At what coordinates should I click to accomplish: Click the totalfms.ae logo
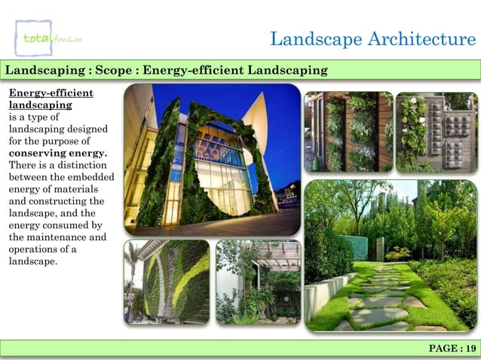point(50,37)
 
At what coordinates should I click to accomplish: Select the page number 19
point(471,348)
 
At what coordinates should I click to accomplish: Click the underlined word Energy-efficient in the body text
point(51,93)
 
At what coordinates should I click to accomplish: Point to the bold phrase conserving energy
point(57,154)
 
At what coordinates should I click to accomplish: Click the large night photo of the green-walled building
point(212,159)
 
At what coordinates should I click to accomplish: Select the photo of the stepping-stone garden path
point(390,255)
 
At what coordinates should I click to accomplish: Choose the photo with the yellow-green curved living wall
point(167,282)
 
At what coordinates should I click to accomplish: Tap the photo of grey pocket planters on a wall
point(436,132)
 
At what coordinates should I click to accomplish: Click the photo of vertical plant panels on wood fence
point(348,132)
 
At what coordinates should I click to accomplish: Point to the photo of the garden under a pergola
point(259,282)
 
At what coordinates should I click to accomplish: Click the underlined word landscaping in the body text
point(40,105)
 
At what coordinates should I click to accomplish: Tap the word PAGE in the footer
point(443,348)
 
